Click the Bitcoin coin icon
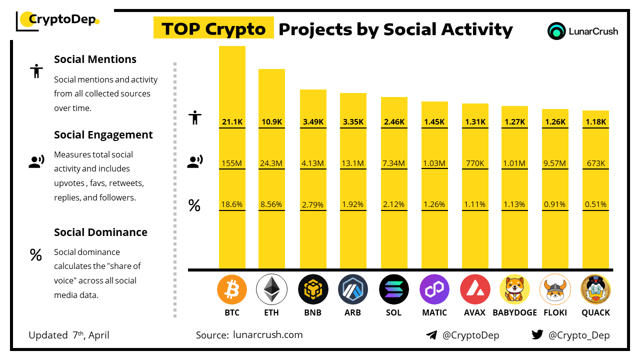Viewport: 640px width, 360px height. coord(232,289)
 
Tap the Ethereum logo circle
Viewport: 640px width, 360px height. coord(271,289)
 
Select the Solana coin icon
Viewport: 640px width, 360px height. coord(393,289)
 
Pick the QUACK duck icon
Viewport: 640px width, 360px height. coord(595,289)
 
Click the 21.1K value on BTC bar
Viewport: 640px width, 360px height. coord(232,121)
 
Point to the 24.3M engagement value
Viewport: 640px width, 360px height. coord(271,163)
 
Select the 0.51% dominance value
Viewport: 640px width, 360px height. coord(595,204)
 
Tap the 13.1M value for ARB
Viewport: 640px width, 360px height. coord(353,163)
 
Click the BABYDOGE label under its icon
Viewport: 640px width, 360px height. coord(514,312)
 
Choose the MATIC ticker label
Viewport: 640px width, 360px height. coord(433,312)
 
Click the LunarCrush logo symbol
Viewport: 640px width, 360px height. coord(556,31)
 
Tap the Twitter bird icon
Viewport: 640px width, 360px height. coord(537,335)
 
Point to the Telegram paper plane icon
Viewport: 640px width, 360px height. coord(431,335)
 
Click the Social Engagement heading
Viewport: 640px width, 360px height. coord(103,135)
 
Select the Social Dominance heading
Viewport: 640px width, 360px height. coord(100,232)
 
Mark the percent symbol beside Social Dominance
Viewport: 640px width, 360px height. coord(35,255)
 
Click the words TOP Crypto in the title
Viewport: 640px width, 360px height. coord(213,29)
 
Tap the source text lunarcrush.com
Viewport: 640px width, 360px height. coord(267,335)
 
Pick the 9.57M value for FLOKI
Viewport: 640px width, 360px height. coord(555,163)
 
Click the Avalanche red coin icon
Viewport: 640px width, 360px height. coord(474,289)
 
